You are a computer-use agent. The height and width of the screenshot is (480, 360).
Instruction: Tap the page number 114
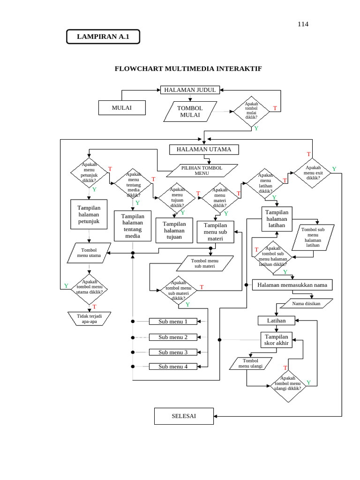(x=303, y=24)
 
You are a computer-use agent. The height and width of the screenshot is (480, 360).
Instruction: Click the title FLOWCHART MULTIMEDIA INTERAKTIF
(x=188, y=69)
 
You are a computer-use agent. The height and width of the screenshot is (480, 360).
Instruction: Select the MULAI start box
(x=122, y=108)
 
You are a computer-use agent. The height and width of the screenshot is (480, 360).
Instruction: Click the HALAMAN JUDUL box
(x=190, y=90)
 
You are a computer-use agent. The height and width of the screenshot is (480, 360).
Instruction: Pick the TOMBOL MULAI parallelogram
(x=190, y=112)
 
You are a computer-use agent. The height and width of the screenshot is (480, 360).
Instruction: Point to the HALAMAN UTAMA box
(x=203, y=150)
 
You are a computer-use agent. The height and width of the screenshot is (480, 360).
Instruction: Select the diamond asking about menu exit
(x=313, y=172)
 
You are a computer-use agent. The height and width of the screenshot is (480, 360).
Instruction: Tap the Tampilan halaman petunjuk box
(x=89, y=214)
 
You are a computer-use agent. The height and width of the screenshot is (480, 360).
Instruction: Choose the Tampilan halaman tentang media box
(x=133, y=226)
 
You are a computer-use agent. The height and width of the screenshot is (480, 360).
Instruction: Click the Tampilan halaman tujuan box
(x=174, y=231)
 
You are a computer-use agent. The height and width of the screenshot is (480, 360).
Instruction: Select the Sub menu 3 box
(x=173, y=352)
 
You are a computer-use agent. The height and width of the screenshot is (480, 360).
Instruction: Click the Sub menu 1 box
(x=173, y=322)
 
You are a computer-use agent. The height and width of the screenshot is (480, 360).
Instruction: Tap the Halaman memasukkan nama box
(x=292, y=285)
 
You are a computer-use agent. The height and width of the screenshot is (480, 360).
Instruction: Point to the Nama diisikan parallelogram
(x=306, y=303)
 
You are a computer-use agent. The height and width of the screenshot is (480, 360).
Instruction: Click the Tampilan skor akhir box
(x=277, y=340)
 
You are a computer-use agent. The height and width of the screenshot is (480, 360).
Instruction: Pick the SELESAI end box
(x=184, y=416)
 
